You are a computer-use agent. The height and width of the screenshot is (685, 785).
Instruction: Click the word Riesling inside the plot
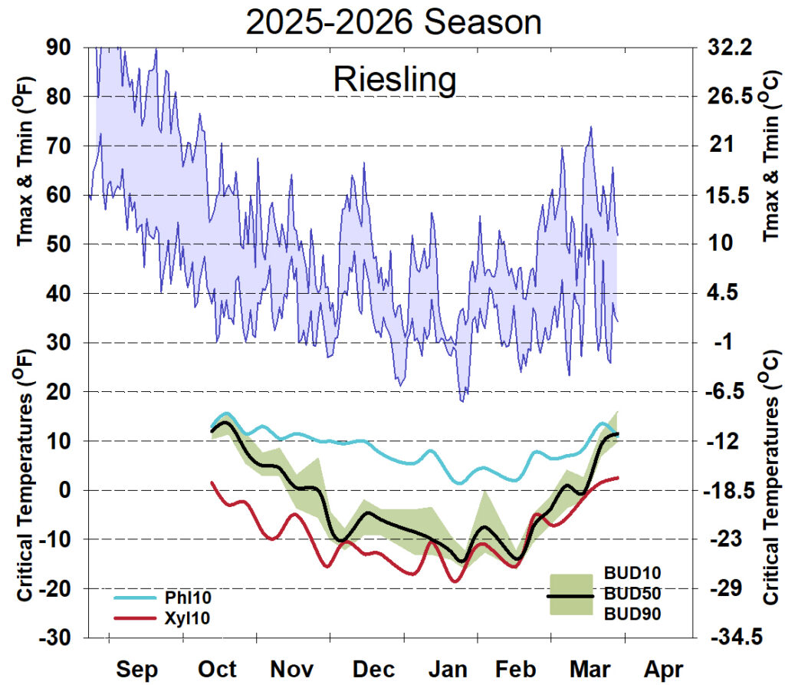point(395,80)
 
